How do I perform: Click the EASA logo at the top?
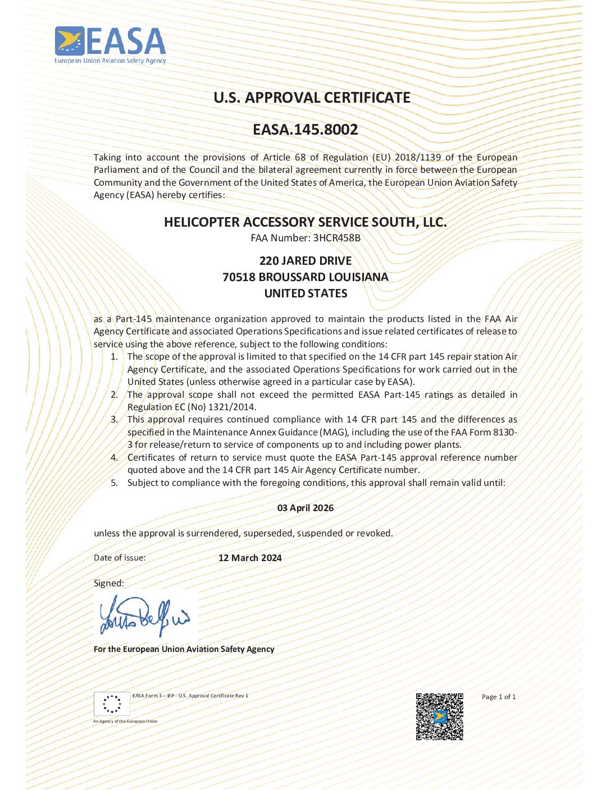point(111,45)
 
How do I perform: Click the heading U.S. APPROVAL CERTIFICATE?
point(312,98)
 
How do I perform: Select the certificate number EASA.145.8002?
point(305,130)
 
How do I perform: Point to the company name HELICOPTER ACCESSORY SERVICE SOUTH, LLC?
point(305,222)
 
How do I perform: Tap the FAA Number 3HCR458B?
point(336,238)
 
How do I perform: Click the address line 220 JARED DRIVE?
point(305,261)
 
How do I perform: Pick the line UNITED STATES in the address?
point(305,293)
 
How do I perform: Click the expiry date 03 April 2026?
point(305,508)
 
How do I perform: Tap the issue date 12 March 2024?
point(250,558)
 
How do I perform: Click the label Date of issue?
point(120,558)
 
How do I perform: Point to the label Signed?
point(109,583)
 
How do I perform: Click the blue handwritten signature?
point(145,617)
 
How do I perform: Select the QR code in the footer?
point(440,716)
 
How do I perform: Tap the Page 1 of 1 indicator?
point(499,697)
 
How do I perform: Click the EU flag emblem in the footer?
point(112,704)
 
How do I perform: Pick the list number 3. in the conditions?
point(115,419)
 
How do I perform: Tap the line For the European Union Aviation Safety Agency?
point(184,649)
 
